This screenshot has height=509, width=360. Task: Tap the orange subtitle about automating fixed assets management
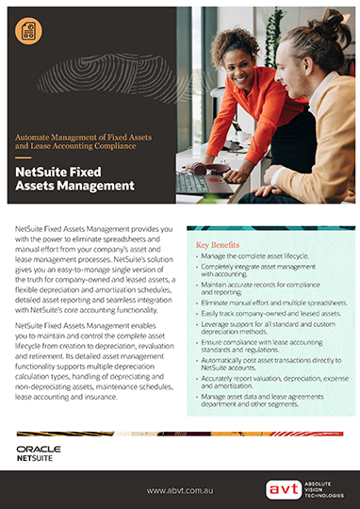coord(83,142)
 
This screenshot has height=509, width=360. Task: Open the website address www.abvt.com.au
coord(179,490)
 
